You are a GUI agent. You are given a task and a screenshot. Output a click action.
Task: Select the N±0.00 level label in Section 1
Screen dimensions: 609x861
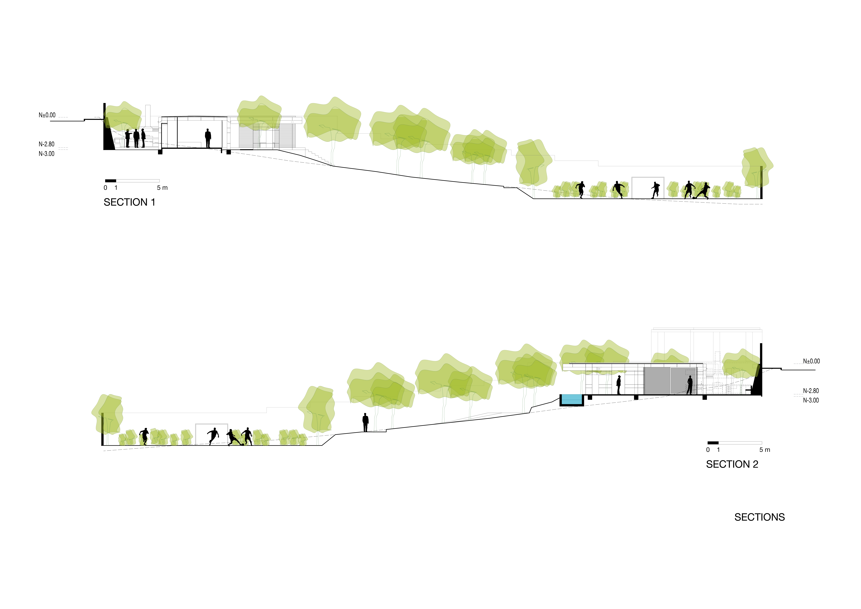(x=47, y=115)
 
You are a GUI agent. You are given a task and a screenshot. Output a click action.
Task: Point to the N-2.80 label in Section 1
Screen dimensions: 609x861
(x=46, y=144)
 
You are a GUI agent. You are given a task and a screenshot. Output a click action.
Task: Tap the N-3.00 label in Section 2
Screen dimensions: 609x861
(x=811, y=400)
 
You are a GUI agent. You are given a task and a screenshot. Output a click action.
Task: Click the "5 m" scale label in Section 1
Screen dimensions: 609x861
(x=162, y=188)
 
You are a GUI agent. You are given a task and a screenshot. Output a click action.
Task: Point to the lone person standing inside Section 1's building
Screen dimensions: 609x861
(x=208, y=138)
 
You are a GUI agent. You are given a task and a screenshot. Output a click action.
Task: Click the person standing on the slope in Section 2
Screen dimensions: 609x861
(x=365, y=423)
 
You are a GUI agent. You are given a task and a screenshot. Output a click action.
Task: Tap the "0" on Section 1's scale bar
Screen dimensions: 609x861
(x=105, y=188)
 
